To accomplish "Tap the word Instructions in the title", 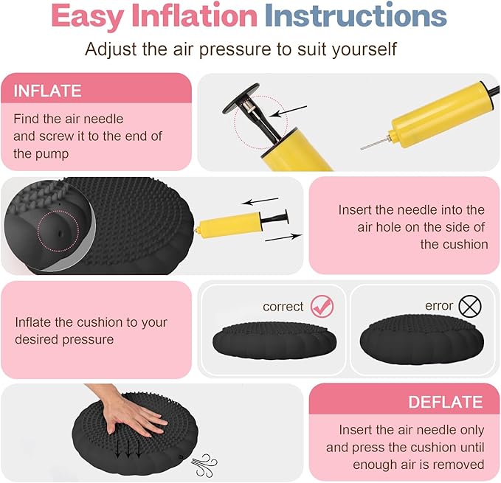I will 355,18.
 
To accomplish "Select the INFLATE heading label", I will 47,91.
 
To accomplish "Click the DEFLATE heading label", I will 445,402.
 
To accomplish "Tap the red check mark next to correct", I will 322,305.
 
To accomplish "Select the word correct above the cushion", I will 283,306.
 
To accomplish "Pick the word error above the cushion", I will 439,305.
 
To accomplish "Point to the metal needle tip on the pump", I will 368,143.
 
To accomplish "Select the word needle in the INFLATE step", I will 103,118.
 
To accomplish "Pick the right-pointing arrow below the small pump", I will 283,237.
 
